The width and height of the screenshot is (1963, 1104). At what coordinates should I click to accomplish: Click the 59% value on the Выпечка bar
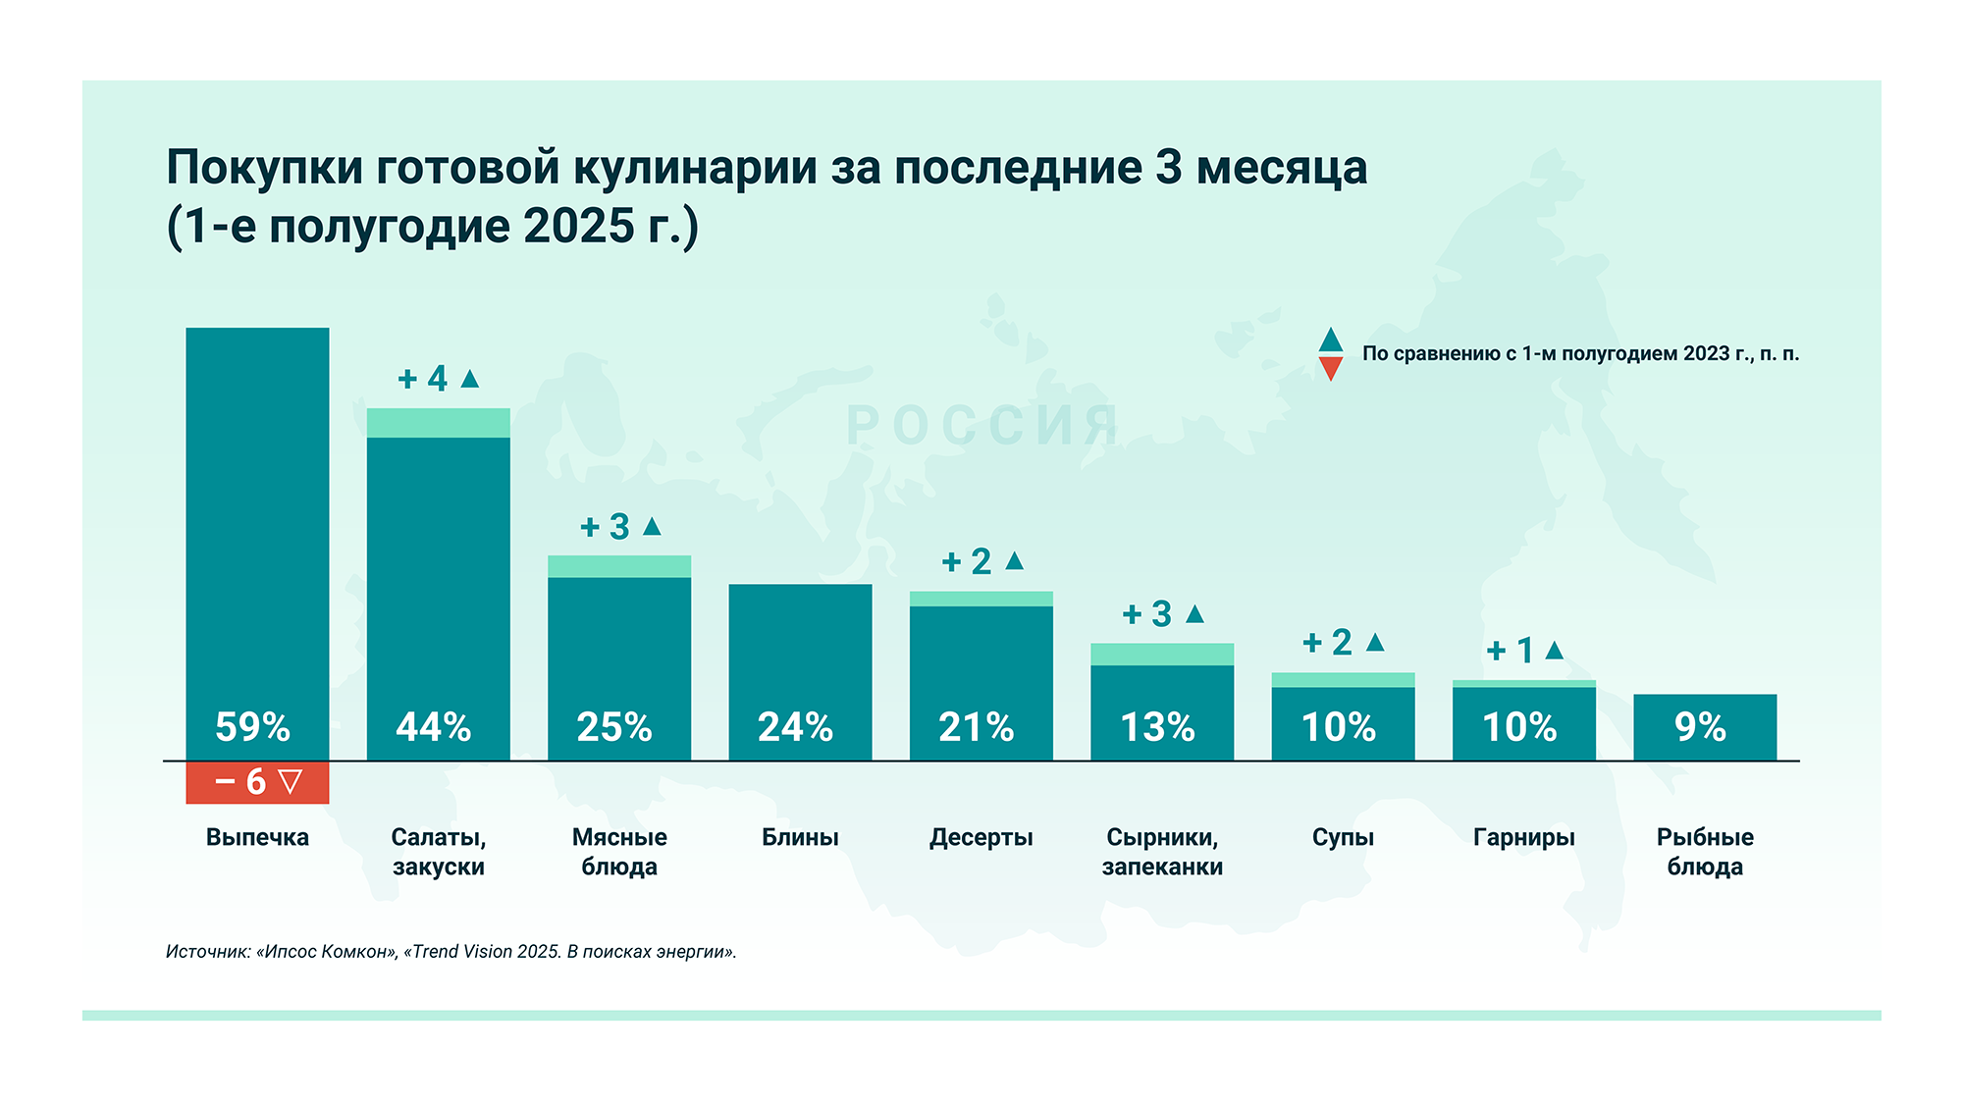tap(253, 727)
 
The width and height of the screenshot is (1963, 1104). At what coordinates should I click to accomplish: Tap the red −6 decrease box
tap(257, 782)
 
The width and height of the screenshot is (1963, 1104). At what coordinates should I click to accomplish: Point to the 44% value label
tap(434, 727)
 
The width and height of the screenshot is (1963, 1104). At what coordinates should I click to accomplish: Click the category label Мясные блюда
tap(619, 851)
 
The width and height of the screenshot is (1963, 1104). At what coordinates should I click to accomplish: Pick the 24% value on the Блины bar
tap(795, 727)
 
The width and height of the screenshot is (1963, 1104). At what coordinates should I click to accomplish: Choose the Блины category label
tap(800, 837)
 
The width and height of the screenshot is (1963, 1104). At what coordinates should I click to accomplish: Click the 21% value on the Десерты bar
tap(977, 727)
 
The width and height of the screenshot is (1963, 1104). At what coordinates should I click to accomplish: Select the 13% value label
tap(1158, 727)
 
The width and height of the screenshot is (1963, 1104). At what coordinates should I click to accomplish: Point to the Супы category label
tap(1343, 837)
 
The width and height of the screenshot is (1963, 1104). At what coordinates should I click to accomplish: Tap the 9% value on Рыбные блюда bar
tap(1701, 727)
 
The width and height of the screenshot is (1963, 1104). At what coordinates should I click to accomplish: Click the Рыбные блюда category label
tap(1705, 851)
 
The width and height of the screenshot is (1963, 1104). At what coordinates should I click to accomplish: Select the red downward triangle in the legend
tap(1331, 369)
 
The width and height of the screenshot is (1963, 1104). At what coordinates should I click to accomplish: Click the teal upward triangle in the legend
tap(1331, 340)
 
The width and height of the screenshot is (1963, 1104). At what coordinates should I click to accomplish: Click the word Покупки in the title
tap(264, 167)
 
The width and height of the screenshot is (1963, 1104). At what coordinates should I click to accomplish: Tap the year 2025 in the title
tap(579, 226)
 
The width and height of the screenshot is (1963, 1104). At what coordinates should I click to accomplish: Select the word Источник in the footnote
tap(208, 952)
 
